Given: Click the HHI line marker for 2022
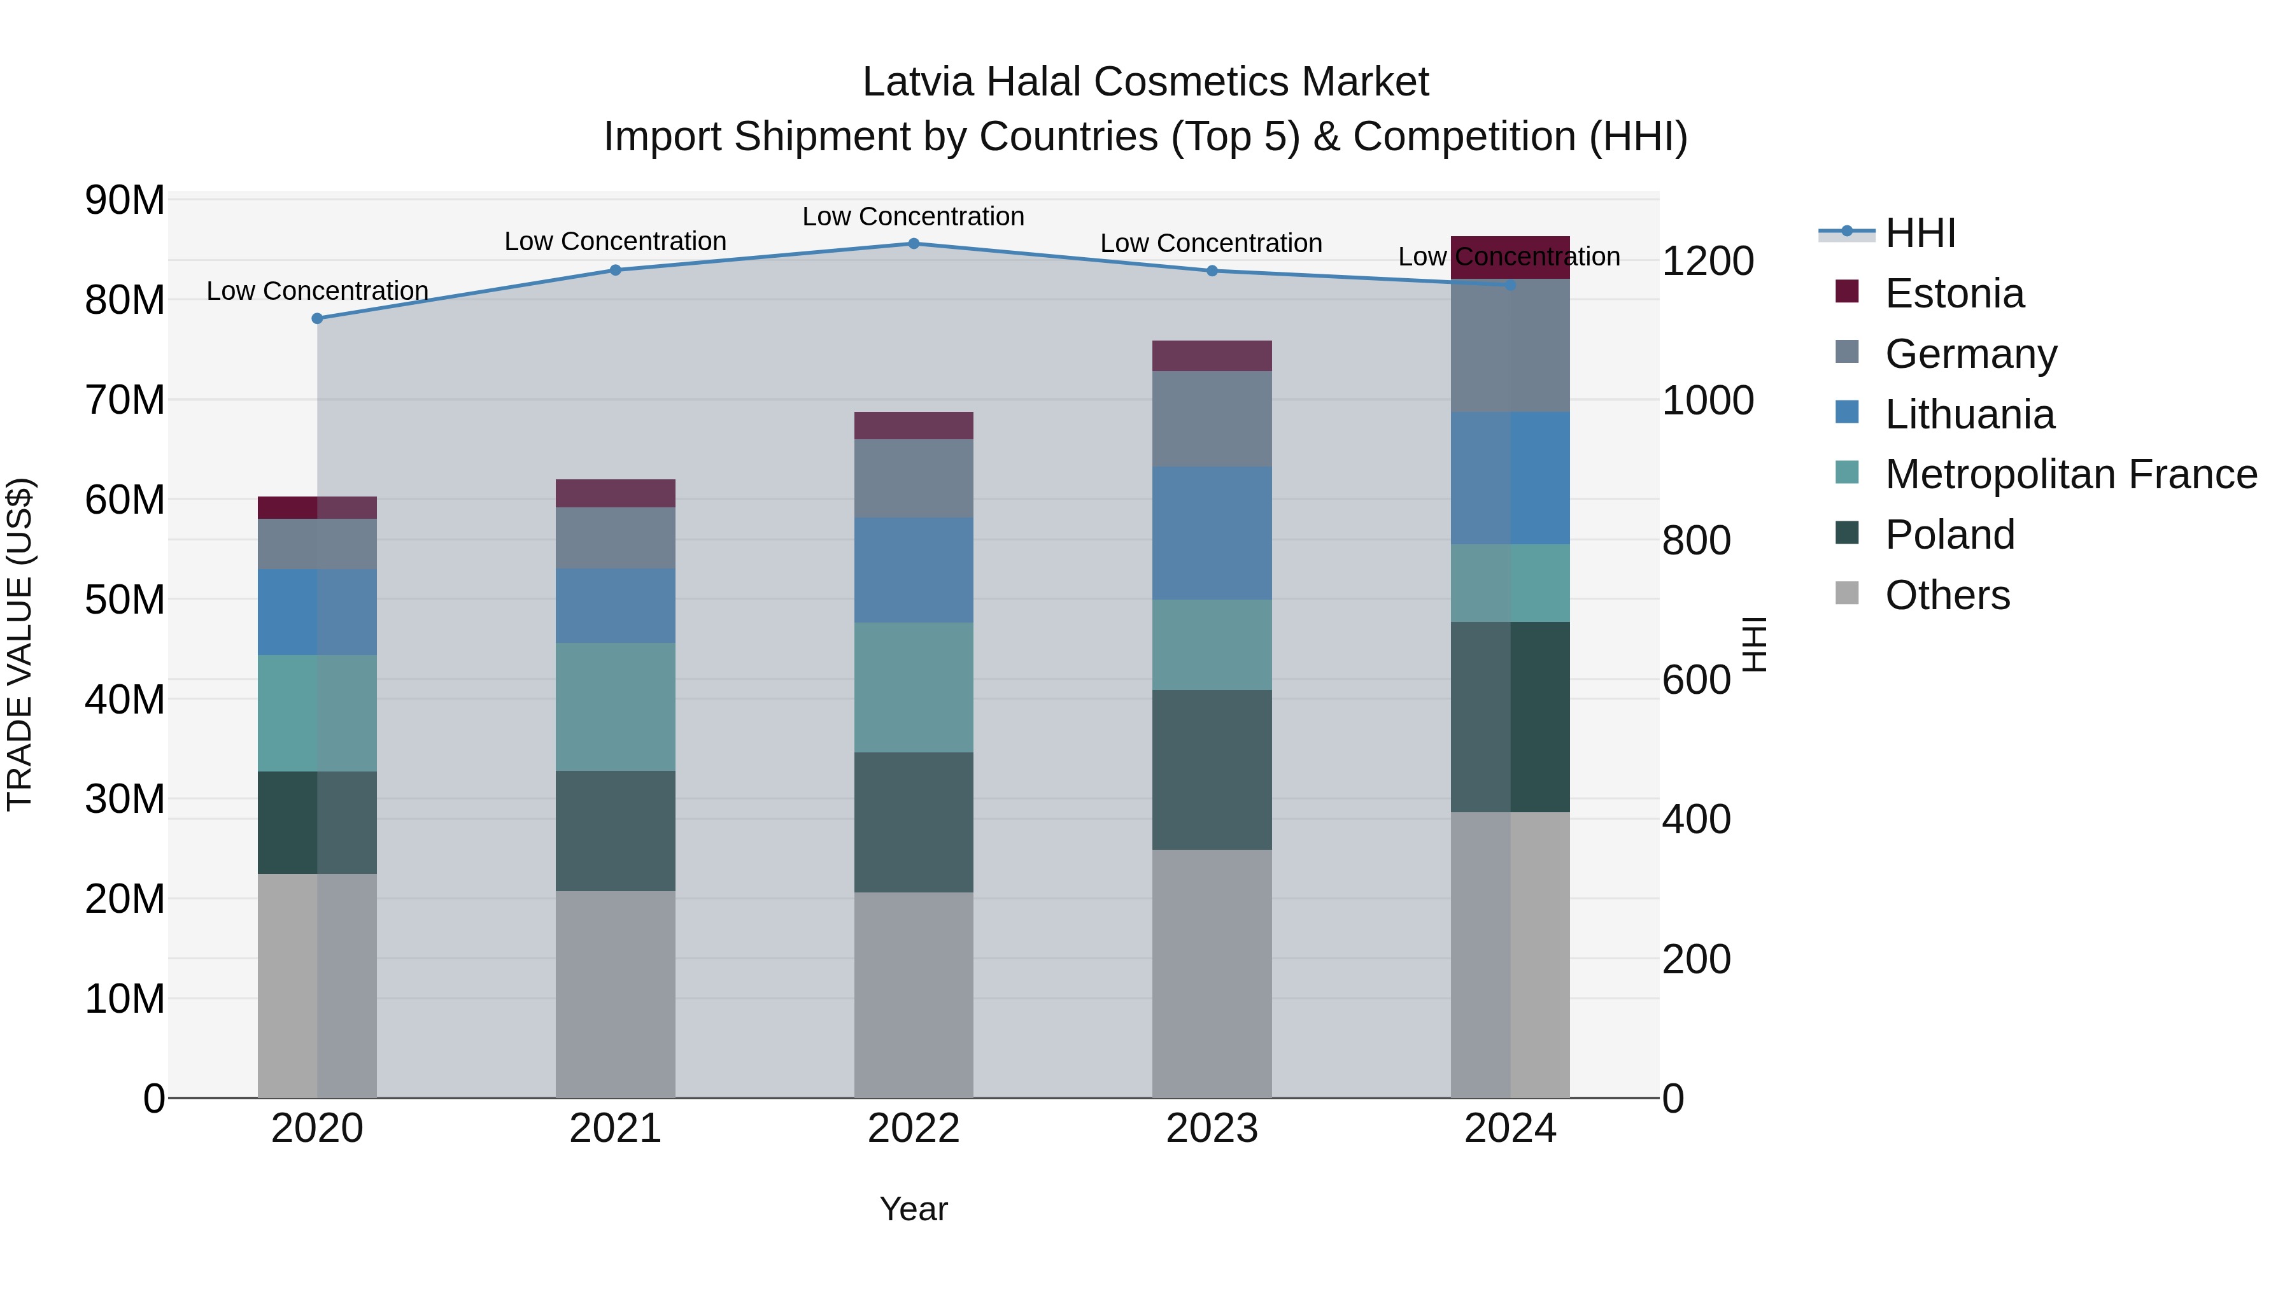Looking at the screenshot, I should tap(914, 243).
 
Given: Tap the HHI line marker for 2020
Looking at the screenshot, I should tap(318, 318).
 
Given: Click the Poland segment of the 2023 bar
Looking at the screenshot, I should tap(1212, 770).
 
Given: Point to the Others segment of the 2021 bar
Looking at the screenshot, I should tap(616, 994).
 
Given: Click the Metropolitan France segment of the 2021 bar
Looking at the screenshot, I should tap(616, 707).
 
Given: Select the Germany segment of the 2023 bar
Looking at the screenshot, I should tap(1212, 418).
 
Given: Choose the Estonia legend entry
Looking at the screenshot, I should tap(1954, 293).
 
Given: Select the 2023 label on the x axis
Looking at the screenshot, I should tap(1212, 1129).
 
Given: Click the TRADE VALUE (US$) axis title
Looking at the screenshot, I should tap(20, 644).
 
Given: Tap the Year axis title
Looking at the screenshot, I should tap(914, 1209).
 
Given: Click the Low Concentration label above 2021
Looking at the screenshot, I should tap(616, 241).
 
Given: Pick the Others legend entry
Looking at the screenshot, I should tap(1947, 595).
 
